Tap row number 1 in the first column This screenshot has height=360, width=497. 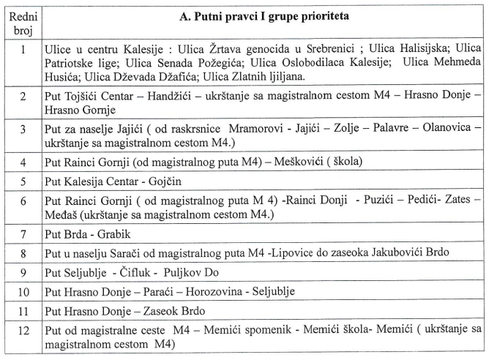click(23, 50)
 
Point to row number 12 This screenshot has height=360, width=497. click(23, 331)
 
